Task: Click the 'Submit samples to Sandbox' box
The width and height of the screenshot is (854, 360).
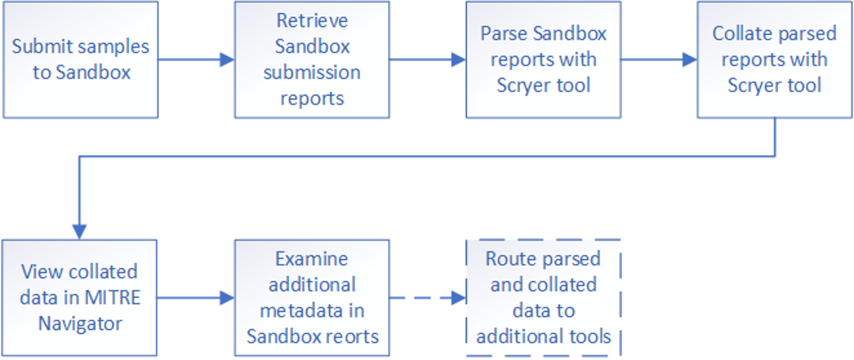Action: pos(81,60)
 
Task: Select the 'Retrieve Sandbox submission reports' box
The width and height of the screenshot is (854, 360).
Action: pos(312,60)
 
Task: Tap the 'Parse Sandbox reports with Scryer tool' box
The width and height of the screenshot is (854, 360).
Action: pos(543,60)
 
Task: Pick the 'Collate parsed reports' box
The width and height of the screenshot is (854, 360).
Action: pos(774,60)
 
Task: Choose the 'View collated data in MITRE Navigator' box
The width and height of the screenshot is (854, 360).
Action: pos(80,298)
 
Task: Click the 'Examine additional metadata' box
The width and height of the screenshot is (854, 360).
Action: pos(312,298)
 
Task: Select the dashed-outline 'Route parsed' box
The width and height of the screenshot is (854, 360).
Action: pos(543,298)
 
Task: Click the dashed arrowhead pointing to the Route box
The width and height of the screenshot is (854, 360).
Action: pos(458,298)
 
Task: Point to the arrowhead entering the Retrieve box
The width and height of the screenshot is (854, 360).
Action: pos(227,60)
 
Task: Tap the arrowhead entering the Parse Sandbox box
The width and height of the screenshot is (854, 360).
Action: pos(458,60)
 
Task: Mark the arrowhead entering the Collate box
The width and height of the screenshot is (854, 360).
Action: pos(689,60)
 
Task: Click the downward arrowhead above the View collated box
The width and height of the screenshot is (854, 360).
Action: pos(79,232)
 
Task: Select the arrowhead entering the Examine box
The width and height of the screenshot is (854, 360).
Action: pos(227,298)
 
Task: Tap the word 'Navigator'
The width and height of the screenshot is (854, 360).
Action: pos(80,324)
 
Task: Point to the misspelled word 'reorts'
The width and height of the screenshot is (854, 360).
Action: pos(356,336)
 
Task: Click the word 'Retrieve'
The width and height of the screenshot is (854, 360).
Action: pos(312,21)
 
